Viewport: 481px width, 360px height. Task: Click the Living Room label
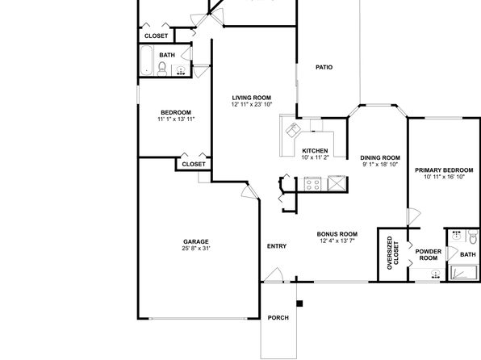pos(252,98)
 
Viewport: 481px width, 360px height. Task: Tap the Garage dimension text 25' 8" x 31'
pos(196,249)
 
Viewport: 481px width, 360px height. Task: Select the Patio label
pos(324,67)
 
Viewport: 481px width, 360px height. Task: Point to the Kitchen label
pos(315,151)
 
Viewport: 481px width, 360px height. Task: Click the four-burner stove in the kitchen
pos(312,184)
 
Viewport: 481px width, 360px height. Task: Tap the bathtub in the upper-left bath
pos(147,61)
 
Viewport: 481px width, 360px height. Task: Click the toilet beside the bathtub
pos(162,69)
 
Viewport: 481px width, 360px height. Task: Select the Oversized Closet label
pos(393,253)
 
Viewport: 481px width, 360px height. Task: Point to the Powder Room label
pos(429,255)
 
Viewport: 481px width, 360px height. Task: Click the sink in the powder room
pos(435,274)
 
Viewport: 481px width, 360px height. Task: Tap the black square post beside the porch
pos(299,303)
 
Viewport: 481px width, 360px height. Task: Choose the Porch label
pos(278,318)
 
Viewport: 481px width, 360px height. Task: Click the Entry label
pos(277,246)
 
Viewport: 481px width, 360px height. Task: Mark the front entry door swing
pos(274,274)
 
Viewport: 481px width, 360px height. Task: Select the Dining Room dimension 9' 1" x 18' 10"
pos(380,164)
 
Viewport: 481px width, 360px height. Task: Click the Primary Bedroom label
pos(444,170)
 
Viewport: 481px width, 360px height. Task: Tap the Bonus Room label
pos(337,234)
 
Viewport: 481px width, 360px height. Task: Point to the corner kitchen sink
pos(293,129)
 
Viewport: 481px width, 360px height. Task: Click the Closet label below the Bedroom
pos(194,164)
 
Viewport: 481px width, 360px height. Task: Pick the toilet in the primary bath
pos(473,237)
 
